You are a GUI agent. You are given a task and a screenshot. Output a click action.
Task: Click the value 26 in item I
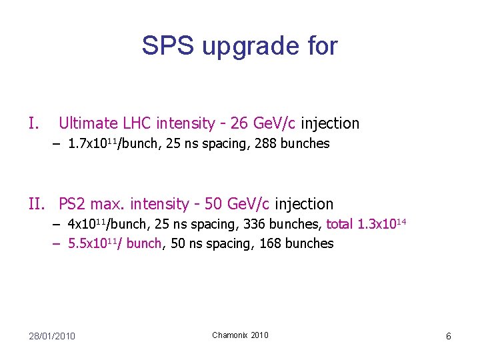(x=239, y=123)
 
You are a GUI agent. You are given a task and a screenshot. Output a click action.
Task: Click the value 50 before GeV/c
(x=213, y=204)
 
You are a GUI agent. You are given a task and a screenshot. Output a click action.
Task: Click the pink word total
(x=340, y=225)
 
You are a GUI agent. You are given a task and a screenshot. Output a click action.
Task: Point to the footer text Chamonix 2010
(x=240, y=335)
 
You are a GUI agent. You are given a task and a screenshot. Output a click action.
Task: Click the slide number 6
(x=449, y=336)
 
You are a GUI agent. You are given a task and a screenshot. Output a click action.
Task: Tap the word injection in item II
(x=304, y=204)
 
